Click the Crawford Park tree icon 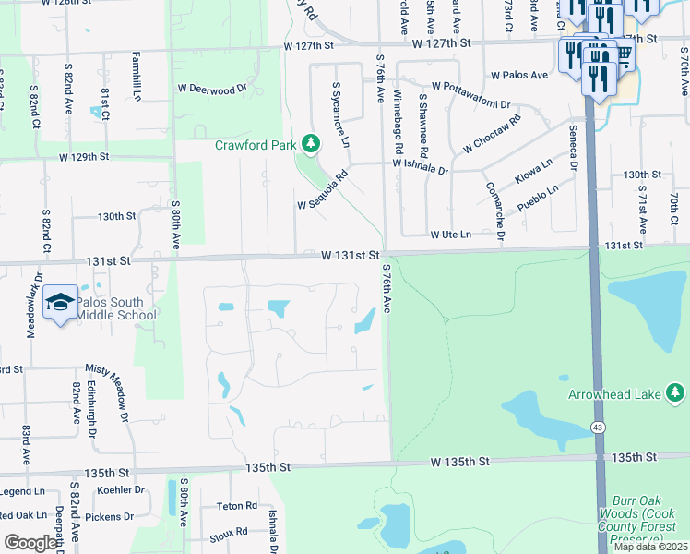[x=312, y=144]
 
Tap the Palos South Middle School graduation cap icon [x=60, y=303]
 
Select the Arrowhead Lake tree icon [x=675, y=394]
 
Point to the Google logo [x=30, y=543]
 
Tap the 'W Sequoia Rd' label [x=321, y=189]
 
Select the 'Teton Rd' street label [x=237, y=506]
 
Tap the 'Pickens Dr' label [x=110, y=517]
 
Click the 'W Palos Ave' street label [x=520, y=76]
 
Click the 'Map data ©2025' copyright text [x=648, y=547]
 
